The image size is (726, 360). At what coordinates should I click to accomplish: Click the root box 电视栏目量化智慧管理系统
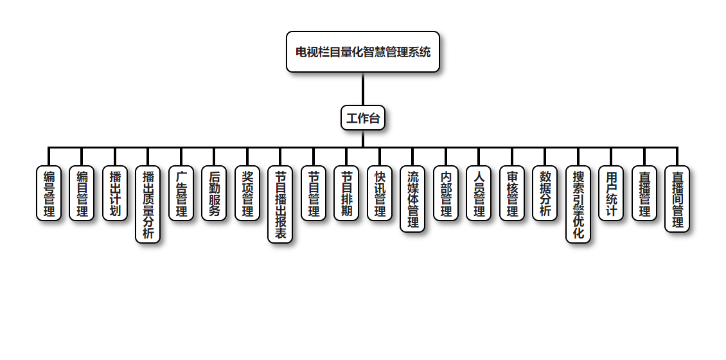coord(363,52)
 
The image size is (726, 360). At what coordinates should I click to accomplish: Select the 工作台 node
coord(363,118)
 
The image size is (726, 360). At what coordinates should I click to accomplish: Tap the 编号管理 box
coord(49,194)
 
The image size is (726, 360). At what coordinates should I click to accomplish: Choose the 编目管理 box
coord(82,194)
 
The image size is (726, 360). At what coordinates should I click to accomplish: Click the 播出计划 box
coord(115,194)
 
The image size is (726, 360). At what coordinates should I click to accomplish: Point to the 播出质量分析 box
coord(148,204)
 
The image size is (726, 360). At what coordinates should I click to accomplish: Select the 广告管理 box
coord(181,194)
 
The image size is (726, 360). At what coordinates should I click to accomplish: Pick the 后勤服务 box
coord(214,194)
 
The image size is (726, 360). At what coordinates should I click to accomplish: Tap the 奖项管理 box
coord(247,194)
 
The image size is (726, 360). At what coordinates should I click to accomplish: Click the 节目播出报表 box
coord(280,204)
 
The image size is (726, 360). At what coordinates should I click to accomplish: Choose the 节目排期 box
coord(346,194)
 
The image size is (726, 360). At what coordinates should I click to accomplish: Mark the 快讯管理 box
coord(380,194)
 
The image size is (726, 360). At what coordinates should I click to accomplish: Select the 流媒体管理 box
coord(412,199)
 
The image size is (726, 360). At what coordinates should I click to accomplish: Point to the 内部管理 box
coord(446,194)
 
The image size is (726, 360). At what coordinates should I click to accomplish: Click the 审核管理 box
coord(512,194)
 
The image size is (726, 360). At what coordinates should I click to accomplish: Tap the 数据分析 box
coord(545,194)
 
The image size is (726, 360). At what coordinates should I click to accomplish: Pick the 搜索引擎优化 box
coord(578,204)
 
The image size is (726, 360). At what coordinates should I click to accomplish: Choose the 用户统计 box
coord(611,194)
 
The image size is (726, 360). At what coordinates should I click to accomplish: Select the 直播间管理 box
coord(677,199)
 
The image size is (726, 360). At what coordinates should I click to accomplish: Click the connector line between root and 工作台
coord(363,89)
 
